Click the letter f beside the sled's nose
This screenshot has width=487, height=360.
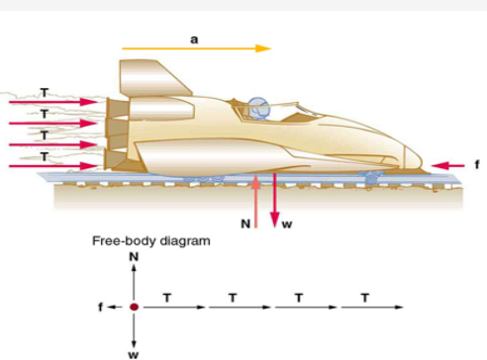[x=476, y=164]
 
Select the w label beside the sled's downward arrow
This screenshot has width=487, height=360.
[x=287, y=225]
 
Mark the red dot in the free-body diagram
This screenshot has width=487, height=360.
[x=134, y=307]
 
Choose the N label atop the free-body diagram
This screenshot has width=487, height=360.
[x=134, y=255]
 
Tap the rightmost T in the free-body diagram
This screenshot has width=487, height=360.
[x=366, y=296]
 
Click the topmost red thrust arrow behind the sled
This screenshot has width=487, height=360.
[x=49, y=101]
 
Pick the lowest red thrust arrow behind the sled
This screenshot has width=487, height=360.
[x=49, y=165]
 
